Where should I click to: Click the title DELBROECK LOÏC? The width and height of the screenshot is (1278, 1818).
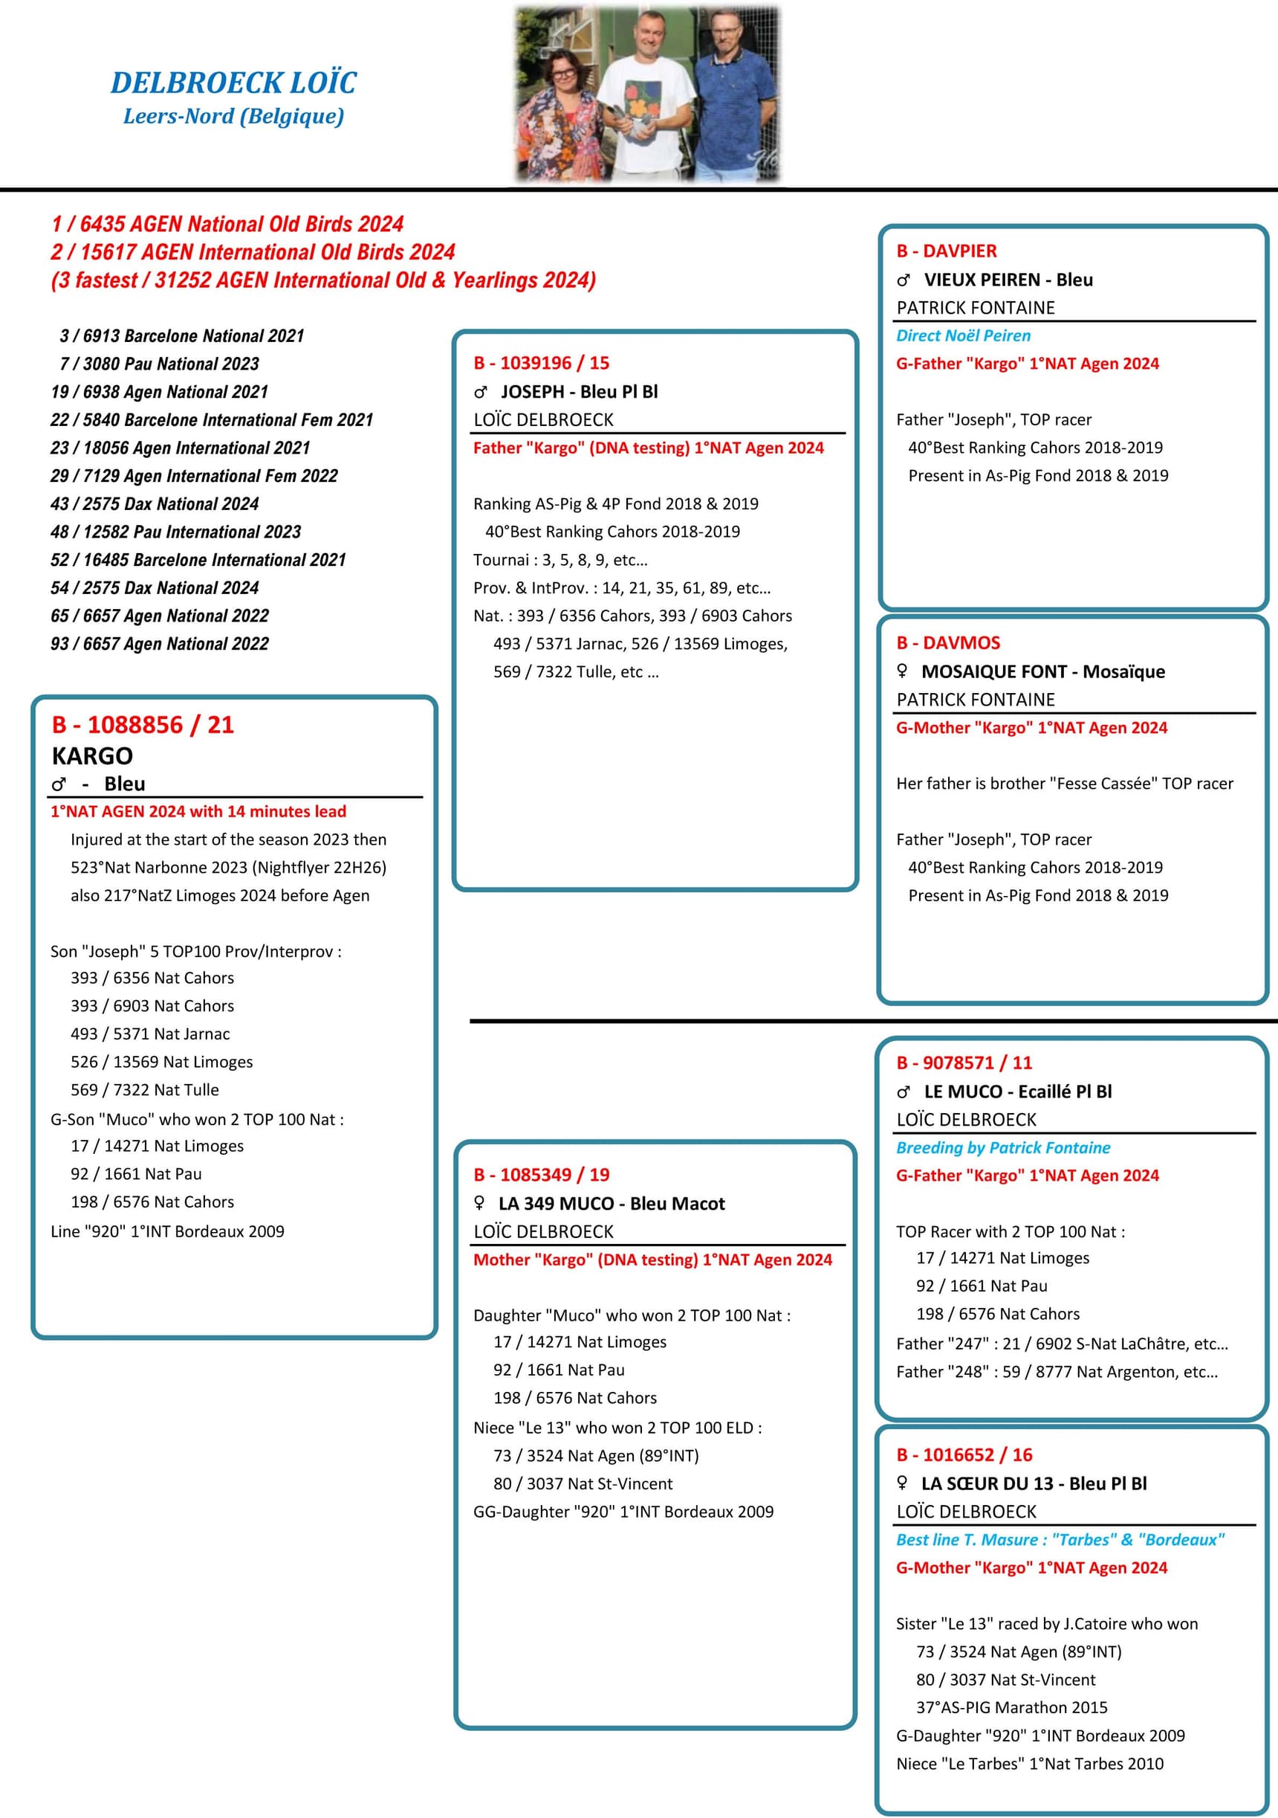tap(233, 83)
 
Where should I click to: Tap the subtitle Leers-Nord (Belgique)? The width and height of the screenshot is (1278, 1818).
tap(233, 117)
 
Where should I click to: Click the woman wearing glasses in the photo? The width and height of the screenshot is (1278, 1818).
tap(559, 103)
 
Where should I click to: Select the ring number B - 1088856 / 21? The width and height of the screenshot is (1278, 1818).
tap(143, 724)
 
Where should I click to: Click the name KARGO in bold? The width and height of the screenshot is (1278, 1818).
tap(93, 756)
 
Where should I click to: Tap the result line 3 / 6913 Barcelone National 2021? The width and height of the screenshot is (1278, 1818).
tap(182, 336)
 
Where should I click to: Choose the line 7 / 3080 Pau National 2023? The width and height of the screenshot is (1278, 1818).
tap(159, 364)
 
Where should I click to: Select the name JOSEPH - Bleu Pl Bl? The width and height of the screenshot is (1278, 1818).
tap(579, 391)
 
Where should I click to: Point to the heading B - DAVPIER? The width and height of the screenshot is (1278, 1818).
tap(947, 251)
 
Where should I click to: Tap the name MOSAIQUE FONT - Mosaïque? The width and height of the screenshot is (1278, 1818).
tap(1042, 671)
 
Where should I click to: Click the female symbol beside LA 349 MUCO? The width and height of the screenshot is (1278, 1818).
tap(479, 1203)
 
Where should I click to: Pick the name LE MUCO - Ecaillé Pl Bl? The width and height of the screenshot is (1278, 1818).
tap(1017, 1091)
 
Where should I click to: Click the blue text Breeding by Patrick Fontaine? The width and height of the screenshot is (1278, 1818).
tap(1002, 1147)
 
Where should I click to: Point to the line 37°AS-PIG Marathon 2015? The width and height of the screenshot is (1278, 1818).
tap(1011, 1707)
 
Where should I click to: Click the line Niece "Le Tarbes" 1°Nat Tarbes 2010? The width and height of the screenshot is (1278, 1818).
tap(1030, 1764)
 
